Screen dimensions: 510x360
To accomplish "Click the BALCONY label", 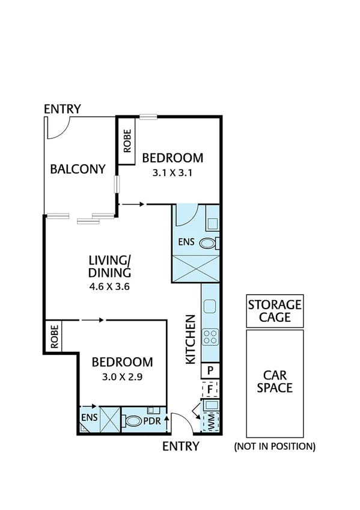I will coord(78,169).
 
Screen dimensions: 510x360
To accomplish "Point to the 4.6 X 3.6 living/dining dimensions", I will coord(109,286).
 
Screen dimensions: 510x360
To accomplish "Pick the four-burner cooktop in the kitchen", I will coord(211,337).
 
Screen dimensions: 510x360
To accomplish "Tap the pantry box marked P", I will coord(211,370).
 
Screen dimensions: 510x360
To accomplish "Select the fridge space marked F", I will coord(211,389).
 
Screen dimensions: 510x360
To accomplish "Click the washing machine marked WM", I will coord(211,420).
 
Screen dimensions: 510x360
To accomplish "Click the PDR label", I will coord(152,421).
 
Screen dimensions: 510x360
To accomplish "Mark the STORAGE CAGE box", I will coord(275,311).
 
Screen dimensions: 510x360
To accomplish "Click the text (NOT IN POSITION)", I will coord(275,446).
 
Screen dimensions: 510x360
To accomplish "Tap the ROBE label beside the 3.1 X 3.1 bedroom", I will coord(127,147).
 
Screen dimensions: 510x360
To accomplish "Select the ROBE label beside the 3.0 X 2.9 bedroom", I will coord(54,337).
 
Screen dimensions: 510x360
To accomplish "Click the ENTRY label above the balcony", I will coord(63,109).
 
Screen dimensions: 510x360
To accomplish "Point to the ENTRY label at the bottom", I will coord(181,446).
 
